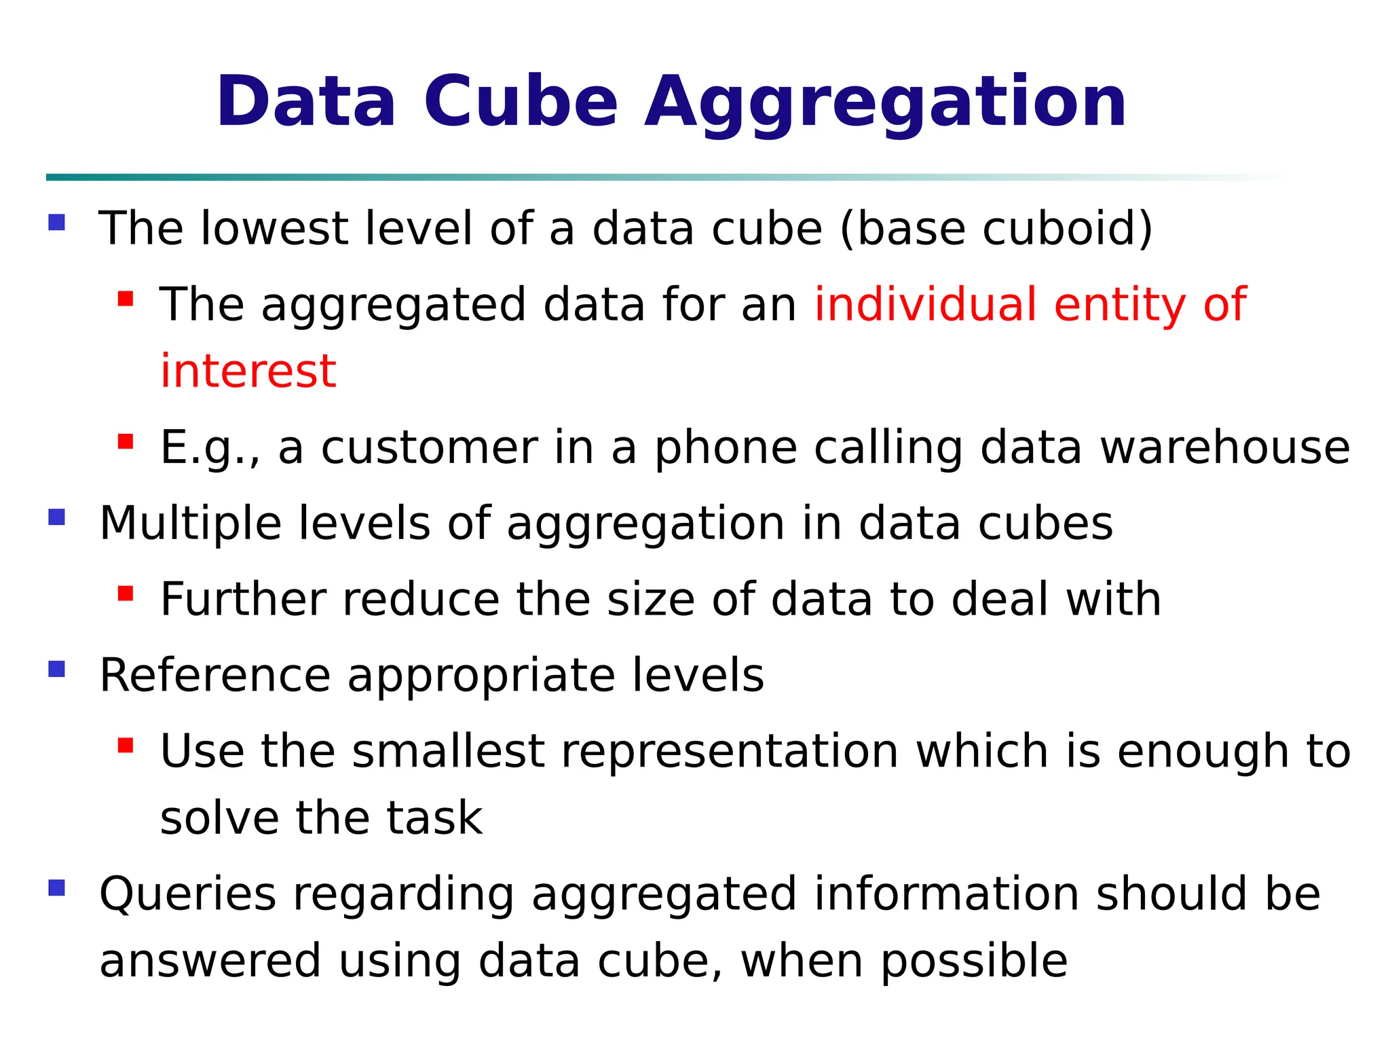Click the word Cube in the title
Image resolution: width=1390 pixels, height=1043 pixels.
pyautogui.click(x=521, y=102)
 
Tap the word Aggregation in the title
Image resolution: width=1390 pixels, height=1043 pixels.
pyautogui.click(x=885, y=102)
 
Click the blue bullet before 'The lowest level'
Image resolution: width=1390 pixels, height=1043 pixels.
pyautogui.click(x=57, y=223)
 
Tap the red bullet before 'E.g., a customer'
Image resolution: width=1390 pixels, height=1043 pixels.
pyautogui.click(x=126, y=442)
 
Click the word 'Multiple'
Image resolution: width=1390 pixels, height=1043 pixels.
pyautogui.click(x=190, y=524)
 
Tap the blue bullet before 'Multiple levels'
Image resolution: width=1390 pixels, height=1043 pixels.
pyautogui.click(x=57, y=518)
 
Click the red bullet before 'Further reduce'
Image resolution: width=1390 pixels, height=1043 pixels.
pyautogui.click(x=126, y=594)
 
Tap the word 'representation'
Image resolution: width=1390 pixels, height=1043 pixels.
pyautogui.click(x=730, y=752)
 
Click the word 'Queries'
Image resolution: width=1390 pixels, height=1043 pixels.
pyautogui.click(x=187, y=894)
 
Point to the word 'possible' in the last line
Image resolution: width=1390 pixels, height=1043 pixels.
pyautogui.click(x=974, y=962)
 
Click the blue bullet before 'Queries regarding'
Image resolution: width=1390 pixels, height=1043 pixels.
pyautogui.click(x=57, y=888)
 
